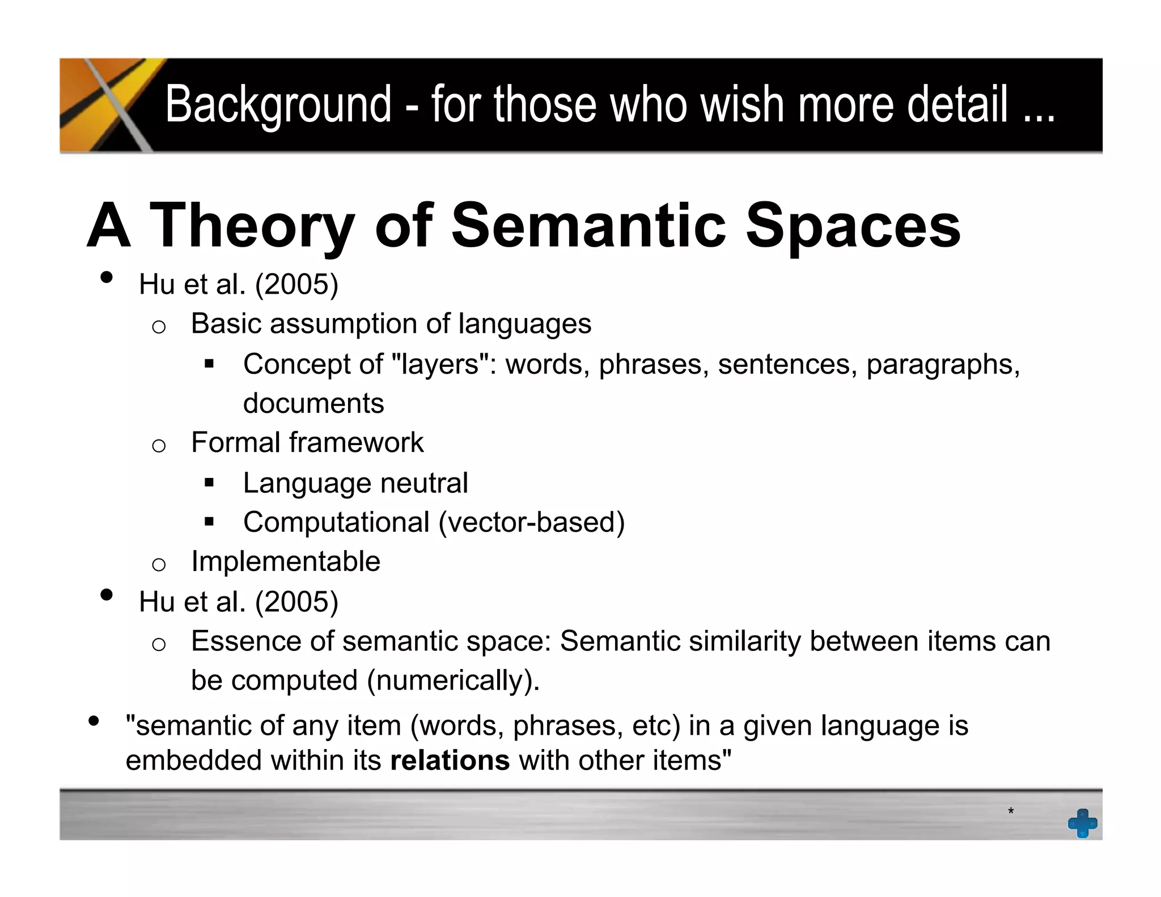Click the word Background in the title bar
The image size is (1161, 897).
[278, 105]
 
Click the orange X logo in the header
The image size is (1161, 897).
[108, 105]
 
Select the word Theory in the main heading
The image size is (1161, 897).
[252, 227]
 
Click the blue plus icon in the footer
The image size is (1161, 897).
[1082, 823]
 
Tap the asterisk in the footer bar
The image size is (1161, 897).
[1010, 812]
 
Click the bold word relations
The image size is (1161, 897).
[450, 760]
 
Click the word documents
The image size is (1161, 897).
[313, 404]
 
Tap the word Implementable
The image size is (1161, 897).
[286, 561]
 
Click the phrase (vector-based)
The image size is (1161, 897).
[531, 522]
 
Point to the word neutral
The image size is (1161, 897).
[423, 483]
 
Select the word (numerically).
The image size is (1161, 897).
[453, 680]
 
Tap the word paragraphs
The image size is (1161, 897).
[943, 364]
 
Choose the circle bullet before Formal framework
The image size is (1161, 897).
[159, 445]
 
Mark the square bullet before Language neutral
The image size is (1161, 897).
[209, 483]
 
